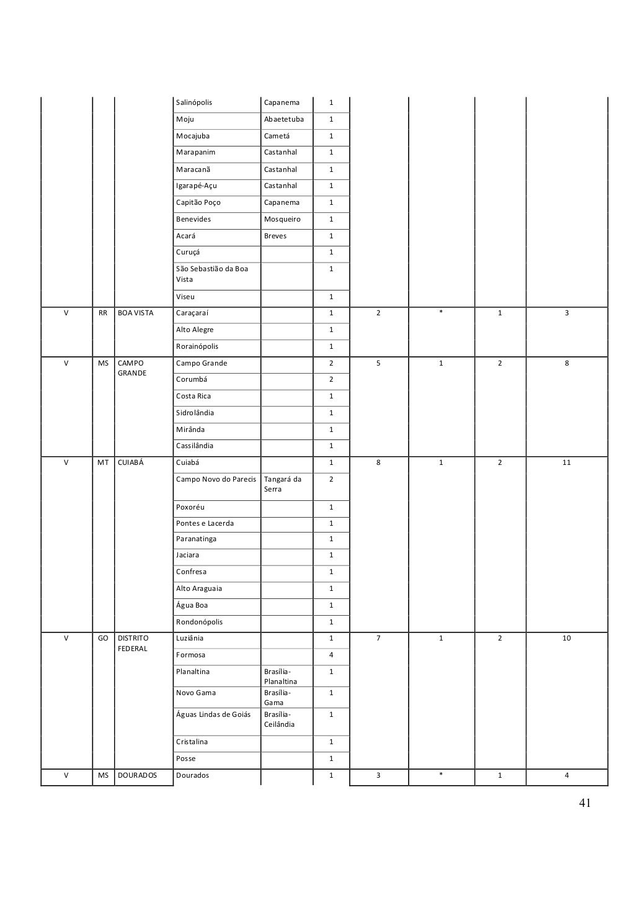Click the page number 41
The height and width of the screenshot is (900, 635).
[x=584, y=804]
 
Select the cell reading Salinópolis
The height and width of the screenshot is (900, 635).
[x=194, y=103]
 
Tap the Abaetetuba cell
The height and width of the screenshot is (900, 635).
[x=283, y=120]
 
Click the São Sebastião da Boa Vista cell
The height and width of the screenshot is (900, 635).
[x=212, y=274]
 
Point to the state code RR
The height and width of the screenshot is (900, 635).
[x=103, y=313]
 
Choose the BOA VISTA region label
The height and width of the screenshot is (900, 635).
[x=136, y=313]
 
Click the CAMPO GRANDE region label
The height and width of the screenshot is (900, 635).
[x=132, y=368]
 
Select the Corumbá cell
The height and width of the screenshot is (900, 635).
[x=192, y=380]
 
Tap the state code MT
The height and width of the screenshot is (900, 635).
[x=103, y=463]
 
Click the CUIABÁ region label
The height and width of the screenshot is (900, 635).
[x=131, y=463]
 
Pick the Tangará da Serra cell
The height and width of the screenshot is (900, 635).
[x=282, y=484]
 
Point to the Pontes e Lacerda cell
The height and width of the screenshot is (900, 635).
[x=205, y=524]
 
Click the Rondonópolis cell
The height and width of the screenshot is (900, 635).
[x=199, y=622]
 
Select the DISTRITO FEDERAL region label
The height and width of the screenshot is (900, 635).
[x=133, y=643]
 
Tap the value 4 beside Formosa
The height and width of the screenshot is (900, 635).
[x=331, y=655]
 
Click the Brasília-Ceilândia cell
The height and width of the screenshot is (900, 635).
[x=279, y=719]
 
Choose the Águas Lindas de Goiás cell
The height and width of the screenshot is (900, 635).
[x=213, y=714]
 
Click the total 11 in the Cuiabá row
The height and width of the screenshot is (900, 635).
[x=566, y=463]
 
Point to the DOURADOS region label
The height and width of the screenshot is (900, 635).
[x=137, y=776]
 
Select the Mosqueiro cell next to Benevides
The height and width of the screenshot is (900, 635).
[x=282, y=220]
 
